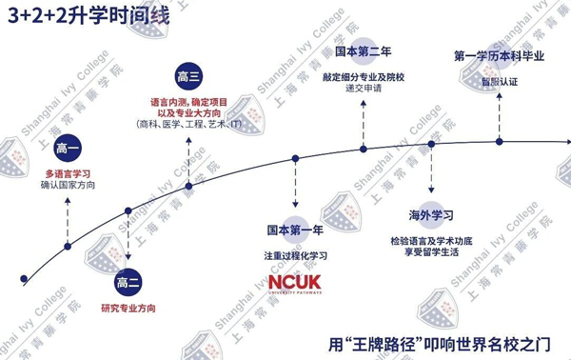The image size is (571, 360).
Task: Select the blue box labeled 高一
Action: (69, 149)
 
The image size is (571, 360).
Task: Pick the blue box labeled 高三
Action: (188, 76)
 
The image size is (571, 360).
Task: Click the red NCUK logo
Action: (296, 284)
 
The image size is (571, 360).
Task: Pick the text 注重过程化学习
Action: (296, 256)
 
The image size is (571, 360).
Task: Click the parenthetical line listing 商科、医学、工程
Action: (188, 124)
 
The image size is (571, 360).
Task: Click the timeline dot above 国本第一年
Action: (296, 159)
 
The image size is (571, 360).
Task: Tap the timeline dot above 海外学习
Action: (432, 144)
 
